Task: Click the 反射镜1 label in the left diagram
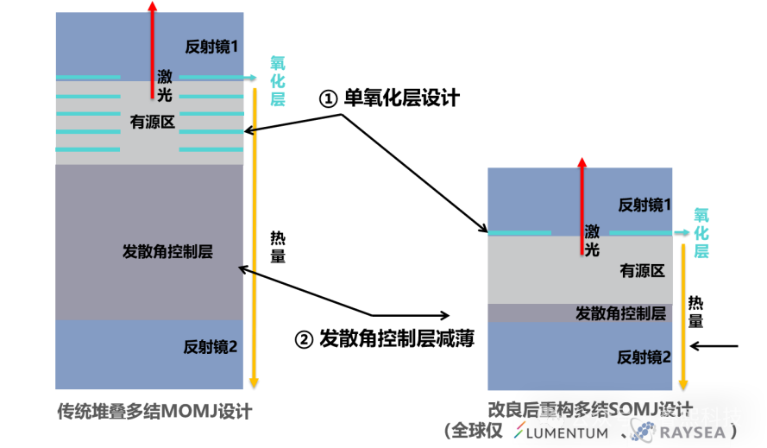click(x=211, y=47)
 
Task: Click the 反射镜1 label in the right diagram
click(x=644, y=205)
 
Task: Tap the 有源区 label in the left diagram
click(x=153, y=123)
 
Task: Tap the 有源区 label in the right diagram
click(x=642, y=271)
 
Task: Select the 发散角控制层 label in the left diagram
click(x=167, y=252)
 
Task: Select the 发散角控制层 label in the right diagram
click(x=620, y=313)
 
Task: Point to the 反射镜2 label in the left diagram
click(x=210, y=347)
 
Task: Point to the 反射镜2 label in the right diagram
click(x=644, y=357)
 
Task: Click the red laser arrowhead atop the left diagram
click(x=153, y=5)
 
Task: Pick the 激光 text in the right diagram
click(x=592, y=240)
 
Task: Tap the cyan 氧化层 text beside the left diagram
click(x=277, y=82)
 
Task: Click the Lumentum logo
click(x=562, y=432)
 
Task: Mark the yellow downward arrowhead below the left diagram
click(x=253, y=382)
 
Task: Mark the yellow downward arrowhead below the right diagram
click(x=682, y=383)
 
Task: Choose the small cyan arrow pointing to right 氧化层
click(x=682, y=232)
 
